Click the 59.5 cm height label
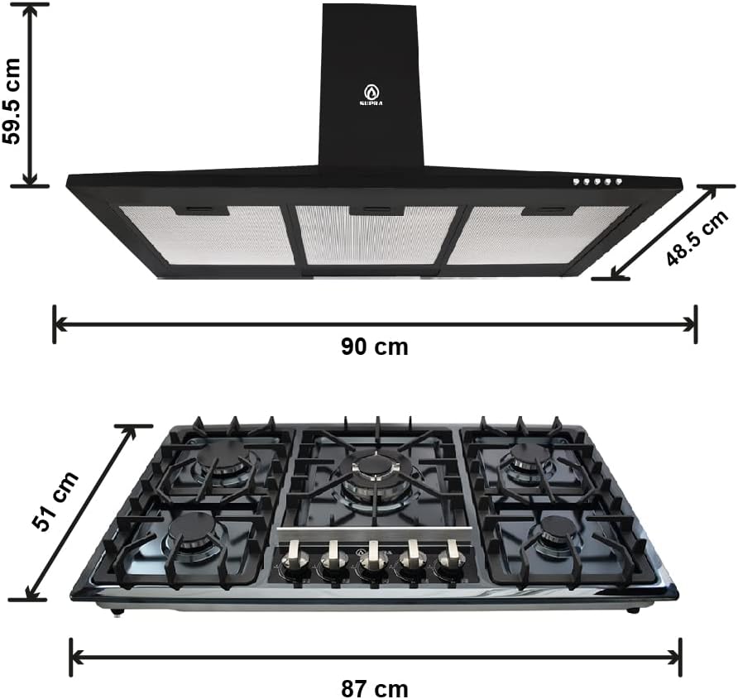coord(12,101)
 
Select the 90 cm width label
coord(374,347)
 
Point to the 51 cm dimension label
coord(55,500)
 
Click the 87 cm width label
coord(374,689)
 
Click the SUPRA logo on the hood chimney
coord(371,94)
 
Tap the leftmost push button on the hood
coord(576,182)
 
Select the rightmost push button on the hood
coord(619,181)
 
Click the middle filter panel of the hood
coord(376,235)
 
